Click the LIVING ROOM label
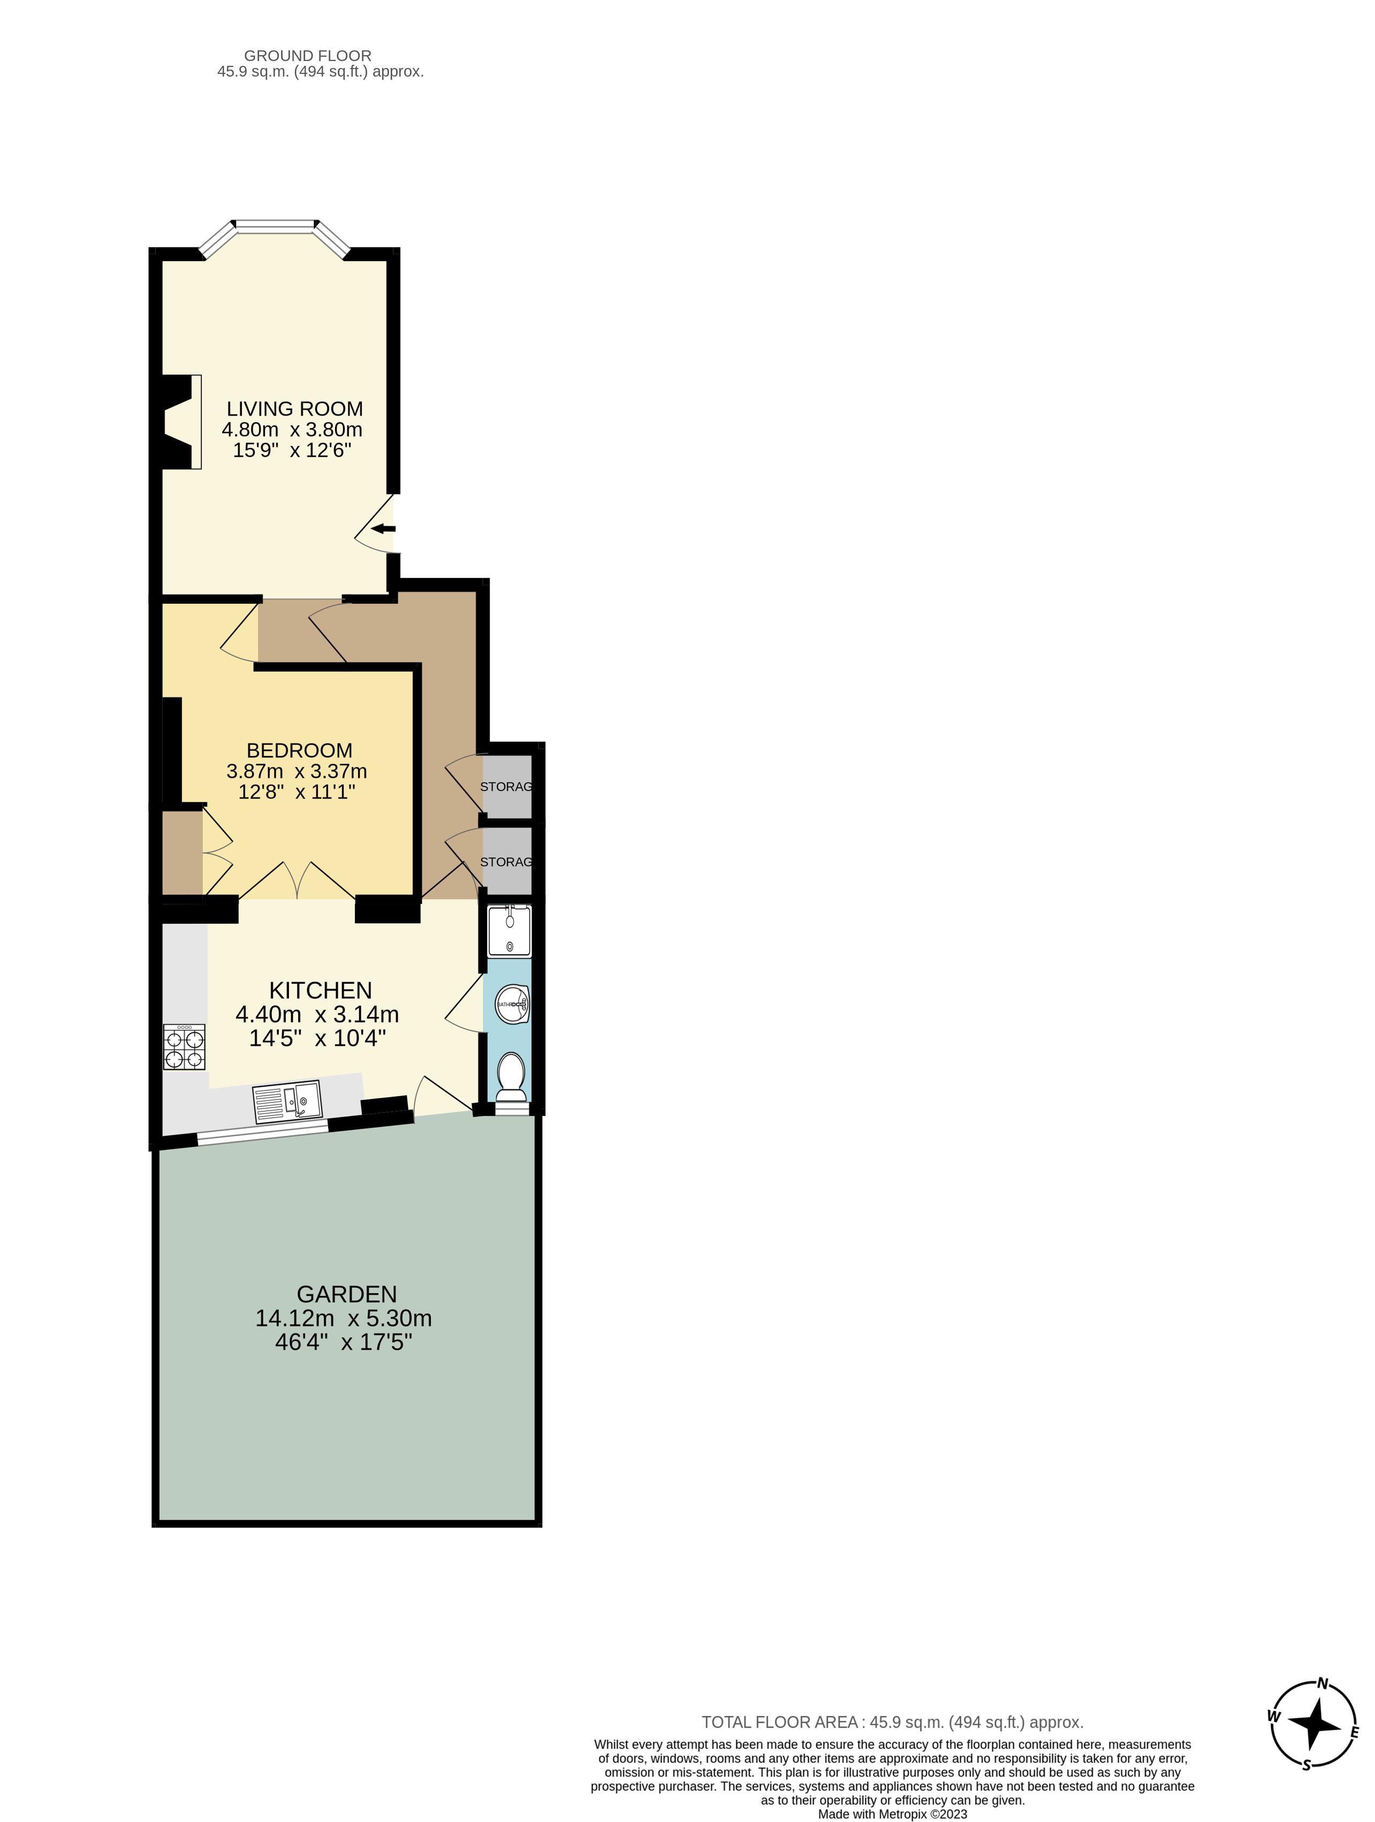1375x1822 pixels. [294, 408]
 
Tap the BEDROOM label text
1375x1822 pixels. [299, 750]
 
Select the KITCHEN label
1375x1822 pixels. [321, 990]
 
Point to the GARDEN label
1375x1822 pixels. [347, 1294]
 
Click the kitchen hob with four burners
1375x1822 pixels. [184, 1047]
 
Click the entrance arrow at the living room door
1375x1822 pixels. [383, 528]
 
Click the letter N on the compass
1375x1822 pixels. [1322, 1683]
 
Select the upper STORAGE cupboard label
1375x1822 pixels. [506, 787]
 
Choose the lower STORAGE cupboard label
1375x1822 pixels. [506, 862]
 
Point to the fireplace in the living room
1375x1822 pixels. [180, 422]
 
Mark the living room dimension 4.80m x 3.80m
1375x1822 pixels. [292, 429]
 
